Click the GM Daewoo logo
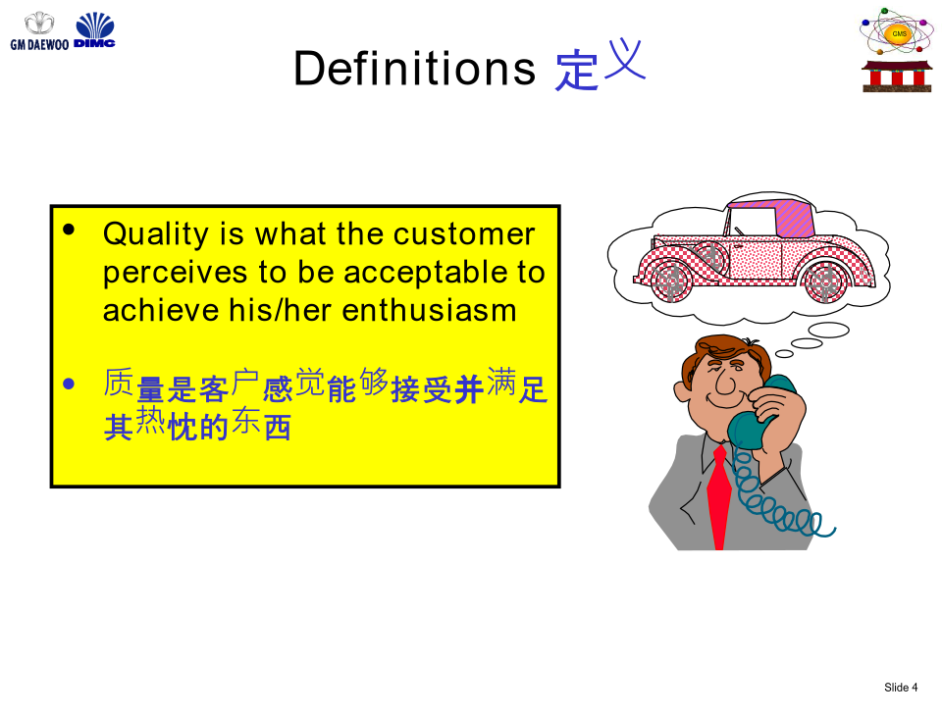(x=39, y=31)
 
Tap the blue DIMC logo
(x=94, y=30)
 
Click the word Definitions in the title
(x=414, y=68)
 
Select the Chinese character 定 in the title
(x=577, y=71)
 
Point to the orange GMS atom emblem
(x=898, y=31)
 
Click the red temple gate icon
(x=897, y=77)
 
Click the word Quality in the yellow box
(x=156, y=234)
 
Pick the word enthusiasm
(x=429, y=310)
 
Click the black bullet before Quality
(x=69, y=230)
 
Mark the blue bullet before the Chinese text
(x=69, y=384)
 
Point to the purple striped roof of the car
(x=794, y=218)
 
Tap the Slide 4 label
(x=901, y=688)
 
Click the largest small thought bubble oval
(x=828, y=331)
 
